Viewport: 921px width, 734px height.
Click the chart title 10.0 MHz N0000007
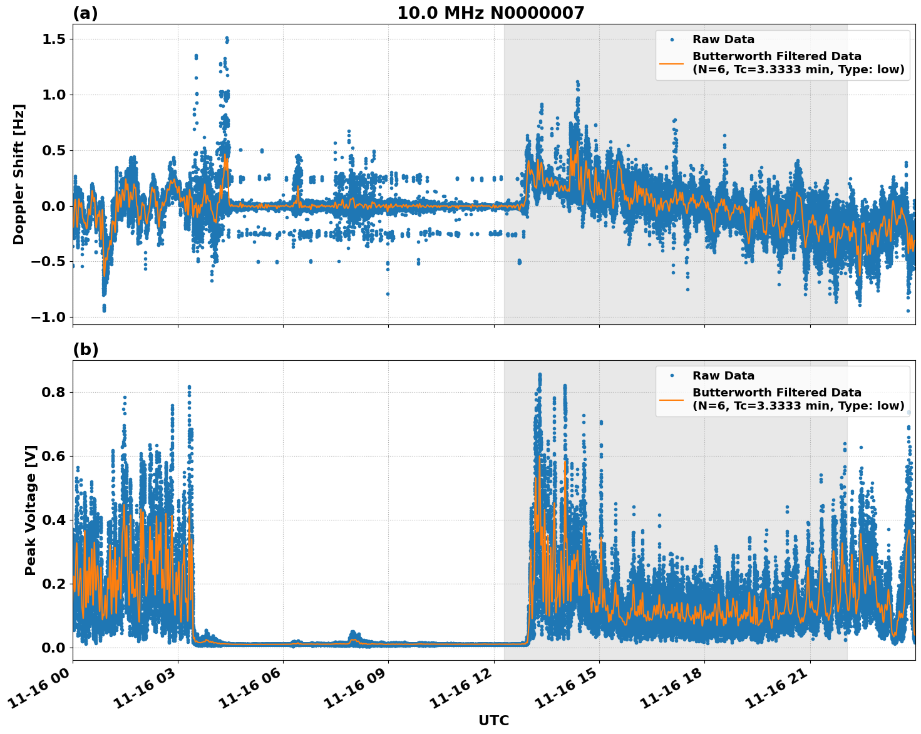point(490,13)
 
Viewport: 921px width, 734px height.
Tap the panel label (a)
point(85,13)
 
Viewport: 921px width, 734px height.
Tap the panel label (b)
point(85,349)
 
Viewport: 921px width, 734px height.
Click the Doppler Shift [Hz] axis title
point(19,174)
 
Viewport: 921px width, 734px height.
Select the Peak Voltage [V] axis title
point(31,510)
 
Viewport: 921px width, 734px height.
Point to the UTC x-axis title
point(493,720)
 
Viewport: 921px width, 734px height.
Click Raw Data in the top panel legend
point(723,39)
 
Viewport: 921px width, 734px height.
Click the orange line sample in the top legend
point(672,63)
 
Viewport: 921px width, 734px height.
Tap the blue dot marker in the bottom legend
point(672,376)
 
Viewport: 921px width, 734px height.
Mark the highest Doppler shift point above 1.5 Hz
point(227,38)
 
